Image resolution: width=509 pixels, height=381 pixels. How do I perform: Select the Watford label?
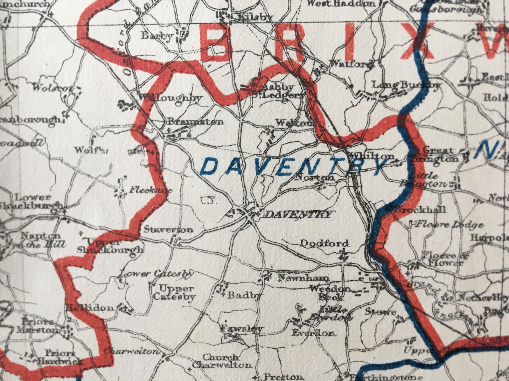pos(351,64)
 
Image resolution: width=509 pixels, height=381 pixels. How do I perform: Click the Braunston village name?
pos(195,122)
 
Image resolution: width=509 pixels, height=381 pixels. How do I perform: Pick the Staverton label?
pos(168,230)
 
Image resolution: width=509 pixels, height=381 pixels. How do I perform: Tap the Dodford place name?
pos(324,244)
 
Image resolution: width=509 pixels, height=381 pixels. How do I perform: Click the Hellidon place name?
pos(90,308)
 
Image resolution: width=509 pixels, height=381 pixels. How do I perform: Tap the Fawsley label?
pos(242,329)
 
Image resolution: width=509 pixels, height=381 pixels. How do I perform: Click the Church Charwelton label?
pos(222,361)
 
